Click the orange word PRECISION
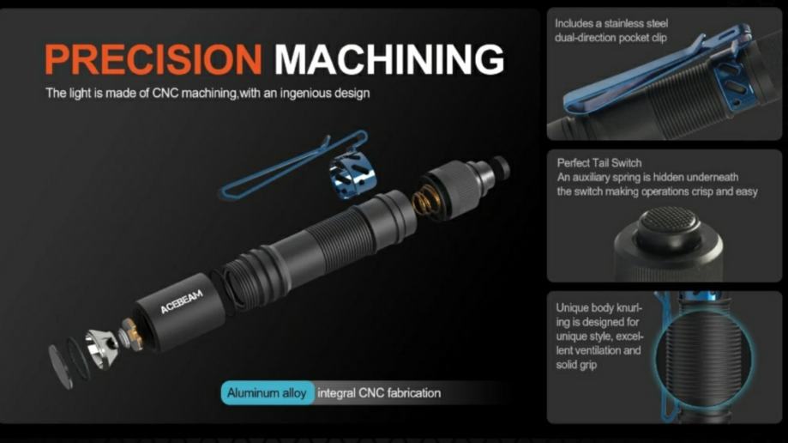(x=153, y=59)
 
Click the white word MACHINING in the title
(x=389, y=59)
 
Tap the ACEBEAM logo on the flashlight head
(x=182, y=301)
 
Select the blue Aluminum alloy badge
(x=268, y=392)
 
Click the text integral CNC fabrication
(x=379, y=393)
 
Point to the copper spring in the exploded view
(x=425, y=200)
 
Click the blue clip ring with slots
(x=352, y=171)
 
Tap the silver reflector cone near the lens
(x=101, y=348)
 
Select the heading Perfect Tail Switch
(x=599, y=163)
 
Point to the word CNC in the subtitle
(x=165, y=94)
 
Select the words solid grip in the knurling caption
(x=576, y=365)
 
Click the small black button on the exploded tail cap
(x=500, y=167)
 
